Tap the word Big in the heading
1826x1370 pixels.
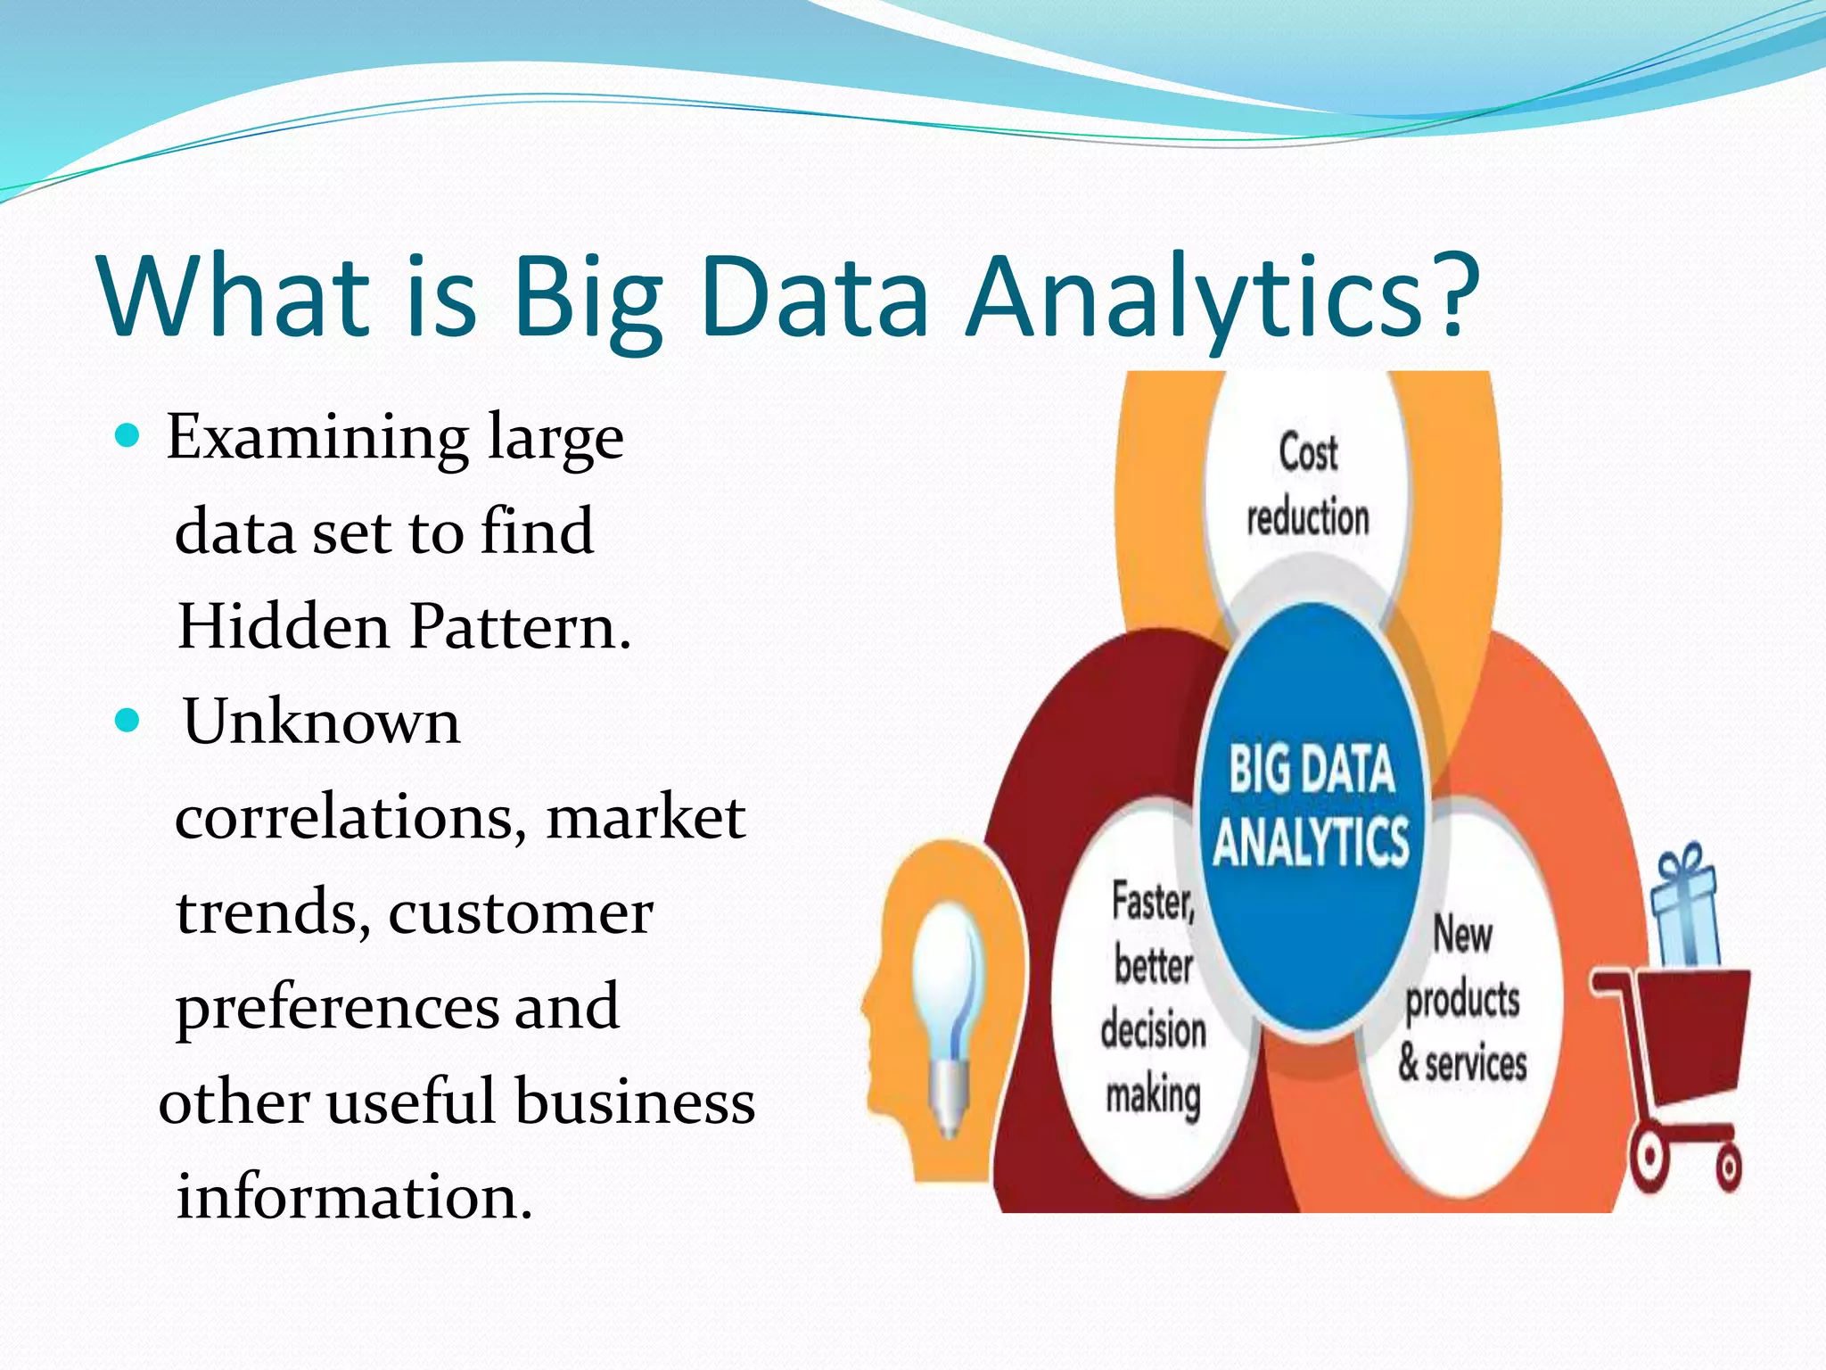tap(588, 299)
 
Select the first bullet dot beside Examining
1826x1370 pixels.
tap(128, 436)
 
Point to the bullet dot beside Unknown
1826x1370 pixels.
tap(128, 720)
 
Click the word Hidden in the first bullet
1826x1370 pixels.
tap(284, 626)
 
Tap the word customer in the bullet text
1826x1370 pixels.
tap(521, 913)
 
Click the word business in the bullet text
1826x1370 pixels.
tap(635, 1101)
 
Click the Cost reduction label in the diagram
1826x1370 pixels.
tap(1307, 485)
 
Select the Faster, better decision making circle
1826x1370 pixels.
tap(1152, 999)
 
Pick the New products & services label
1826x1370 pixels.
tap(1462, 999)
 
